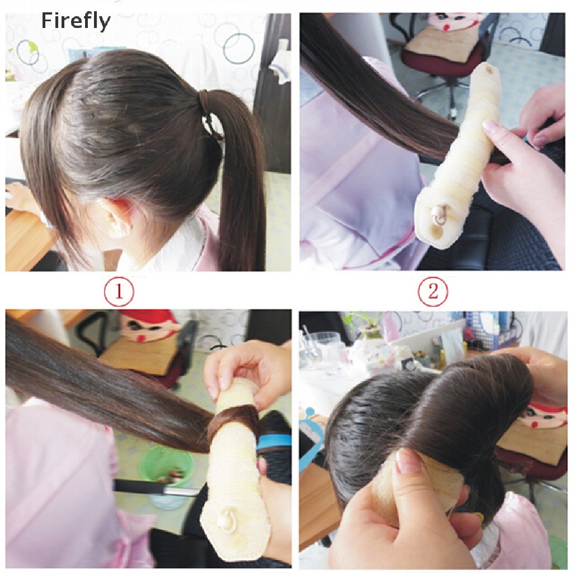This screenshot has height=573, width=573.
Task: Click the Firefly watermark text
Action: (x=76, y=21)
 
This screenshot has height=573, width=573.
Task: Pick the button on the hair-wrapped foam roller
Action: (x=230, y=518)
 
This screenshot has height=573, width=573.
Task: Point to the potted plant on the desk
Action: (x=366, y=328)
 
